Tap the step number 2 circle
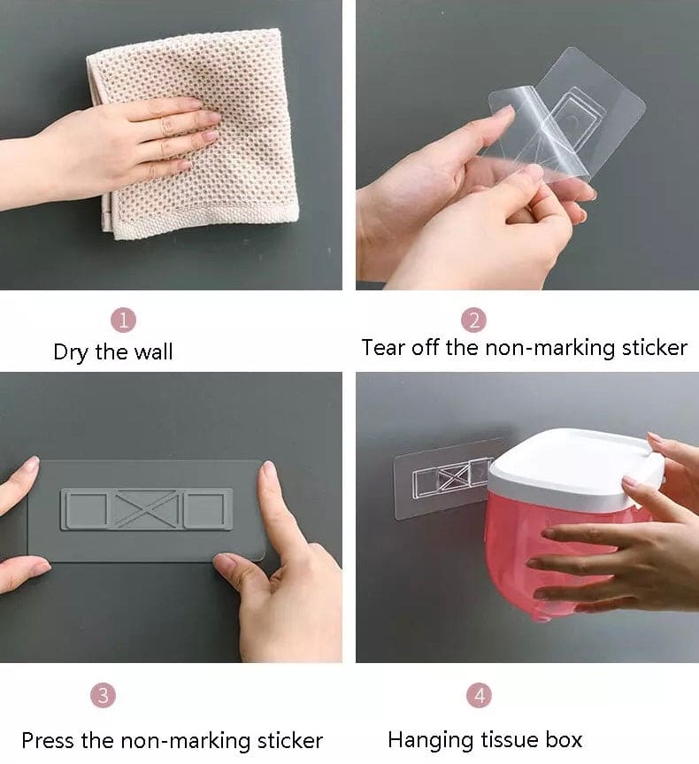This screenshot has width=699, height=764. point(473,320)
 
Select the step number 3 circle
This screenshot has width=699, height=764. point(104,695)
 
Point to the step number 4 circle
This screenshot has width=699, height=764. point(478,695)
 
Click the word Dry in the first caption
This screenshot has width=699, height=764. point(72,352)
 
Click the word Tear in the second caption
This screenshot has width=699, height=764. point(382,347)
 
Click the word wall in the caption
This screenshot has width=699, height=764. point(153,352)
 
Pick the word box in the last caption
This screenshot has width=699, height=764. point(564,739)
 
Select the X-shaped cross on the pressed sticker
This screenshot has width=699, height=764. point(146,509)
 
